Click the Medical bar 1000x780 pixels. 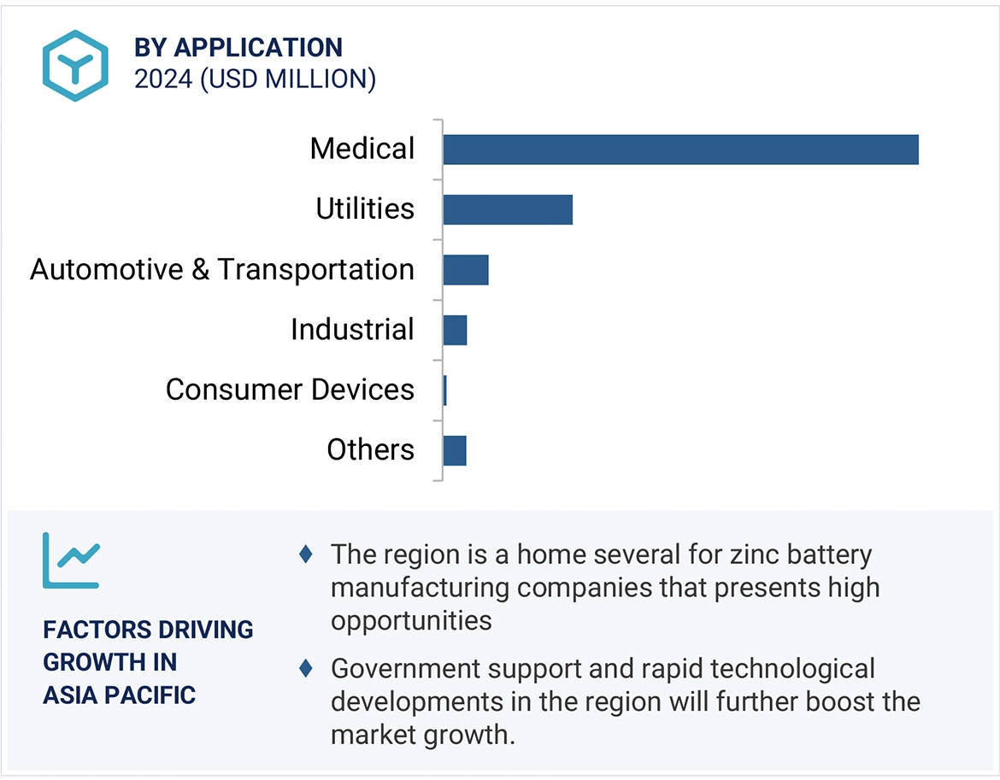click(x=680, y=150)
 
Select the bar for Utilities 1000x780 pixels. click(x=508, y=209)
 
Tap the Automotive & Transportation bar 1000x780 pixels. click(x=466, y=270)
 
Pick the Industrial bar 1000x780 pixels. click(x=455, y=330)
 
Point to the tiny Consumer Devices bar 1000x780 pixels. click(x=444, y=390)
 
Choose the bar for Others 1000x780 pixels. click(x=455, y=450)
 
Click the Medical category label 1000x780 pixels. click(x=362, y=149)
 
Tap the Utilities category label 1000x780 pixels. click(x=365, y=209)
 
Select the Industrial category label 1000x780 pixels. click(x=352, y=330)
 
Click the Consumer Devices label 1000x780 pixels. click(x=290, y=390)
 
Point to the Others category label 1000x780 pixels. click(x=370, y=450)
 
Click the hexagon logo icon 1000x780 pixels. click(x=75, y=66)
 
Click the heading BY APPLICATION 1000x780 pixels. click(x=238, y=48)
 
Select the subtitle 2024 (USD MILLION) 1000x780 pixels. click(x=255, y=79)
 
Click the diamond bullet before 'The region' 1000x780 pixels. click(x=306, y=554)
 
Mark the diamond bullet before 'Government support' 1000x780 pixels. click(x=306, y=669)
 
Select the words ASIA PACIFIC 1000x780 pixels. click(x=119, y=695)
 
